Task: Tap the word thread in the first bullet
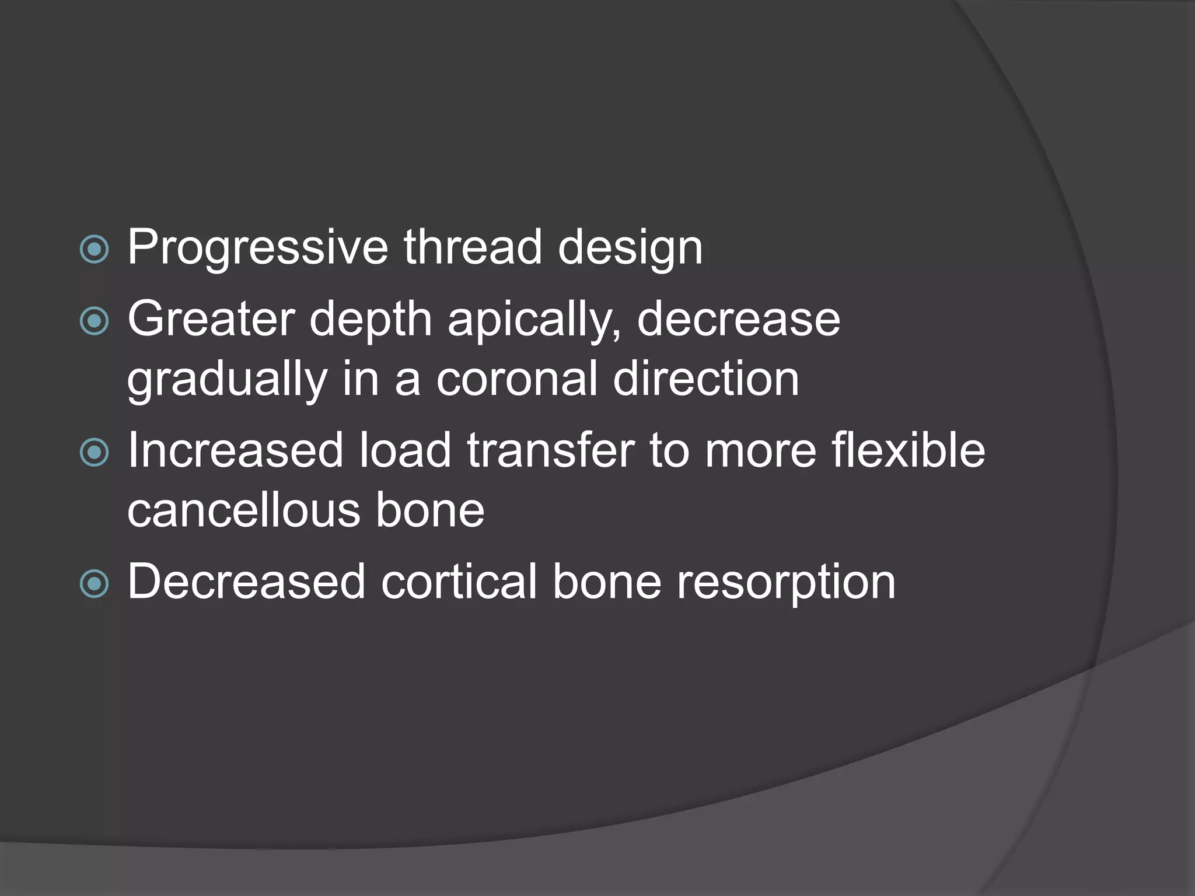point(473,247)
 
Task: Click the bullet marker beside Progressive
point(95,250)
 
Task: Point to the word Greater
point(211,319)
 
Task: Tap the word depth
point(371,320)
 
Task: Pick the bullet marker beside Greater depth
point(95,321)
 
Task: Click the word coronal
point(517,379)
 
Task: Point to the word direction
point(706,379)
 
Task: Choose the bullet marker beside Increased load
point(95,453)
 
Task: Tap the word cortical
point(459,582)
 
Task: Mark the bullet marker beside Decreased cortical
point(95,584)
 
